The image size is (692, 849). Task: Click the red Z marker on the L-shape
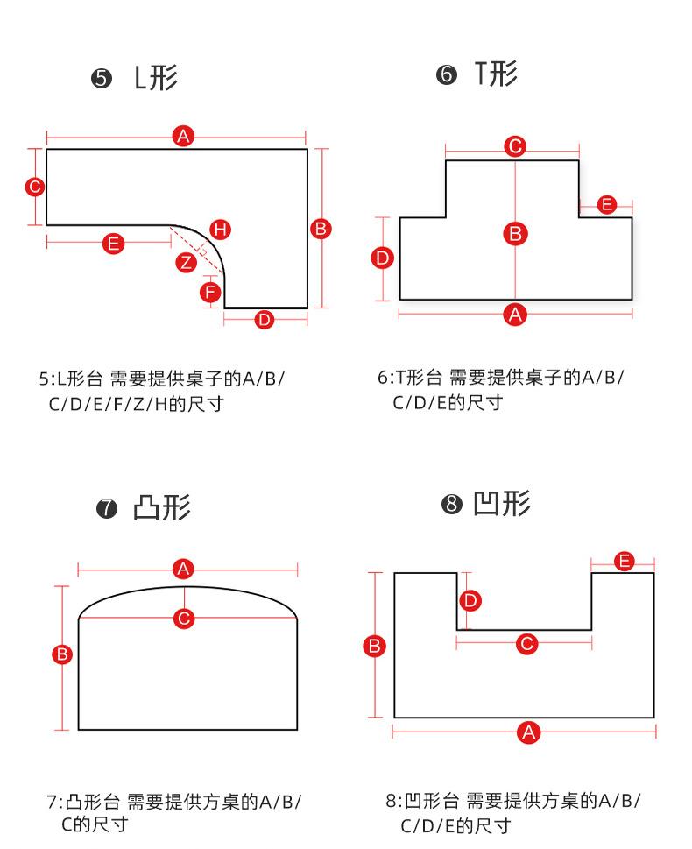coord(185,262)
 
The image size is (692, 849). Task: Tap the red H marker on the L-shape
coord(221,230)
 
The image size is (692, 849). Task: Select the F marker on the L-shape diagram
coord(210,292)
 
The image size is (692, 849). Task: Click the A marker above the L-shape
coord(183,136)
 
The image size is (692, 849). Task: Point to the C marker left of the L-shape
coord(34,187)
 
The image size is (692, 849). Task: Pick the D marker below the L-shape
coord(265,320)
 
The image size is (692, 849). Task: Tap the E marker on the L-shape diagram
coord(113,244)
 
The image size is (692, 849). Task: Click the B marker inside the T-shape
coord(516,233)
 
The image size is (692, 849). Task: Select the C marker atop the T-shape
coord(516,146)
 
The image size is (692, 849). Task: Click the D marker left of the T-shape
coord(383,258)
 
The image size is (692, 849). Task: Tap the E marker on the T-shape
coord(606,205)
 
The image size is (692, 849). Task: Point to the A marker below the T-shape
coord(516,314)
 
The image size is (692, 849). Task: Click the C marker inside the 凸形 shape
coord(184,619)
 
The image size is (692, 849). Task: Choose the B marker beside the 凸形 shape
coord(62,654)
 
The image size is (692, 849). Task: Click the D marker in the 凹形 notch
coord(470,600)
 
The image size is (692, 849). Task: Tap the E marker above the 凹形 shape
coord(624,561)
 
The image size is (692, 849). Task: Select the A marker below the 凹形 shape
coord(528,732)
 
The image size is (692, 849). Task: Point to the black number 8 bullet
coord(452,506)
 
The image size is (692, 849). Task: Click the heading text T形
coord(496,74)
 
